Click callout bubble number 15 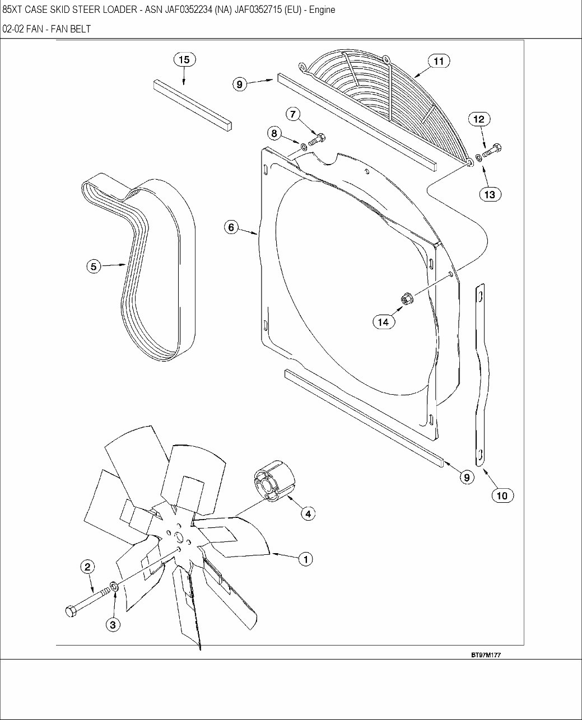(x=184, y=59)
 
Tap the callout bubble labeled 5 (x=94, y=267)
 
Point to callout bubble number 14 (x=383, y=321)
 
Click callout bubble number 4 (x=307, y=512)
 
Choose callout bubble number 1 (x=305, y=558)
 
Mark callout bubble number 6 (x=232, y=227)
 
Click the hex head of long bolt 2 (x=71, y=611)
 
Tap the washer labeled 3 (x=114, y=587)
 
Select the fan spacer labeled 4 (x=274, y=482)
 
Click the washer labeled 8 (x=303, y=147)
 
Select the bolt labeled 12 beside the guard (x=492, y=151)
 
